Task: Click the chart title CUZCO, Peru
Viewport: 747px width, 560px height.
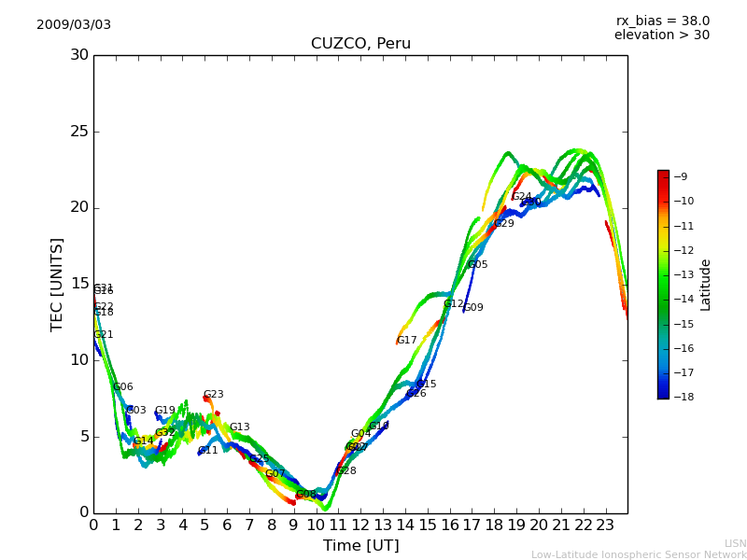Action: click(360, 44)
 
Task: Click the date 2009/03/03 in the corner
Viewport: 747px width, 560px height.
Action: click(74, 25)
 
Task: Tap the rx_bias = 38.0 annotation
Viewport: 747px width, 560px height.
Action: click(662, 21)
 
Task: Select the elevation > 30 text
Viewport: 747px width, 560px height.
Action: click(661, 35)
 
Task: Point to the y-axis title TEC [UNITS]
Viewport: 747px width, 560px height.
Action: click(57, 284)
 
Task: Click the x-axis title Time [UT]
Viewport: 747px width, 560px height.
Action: click(360, 546)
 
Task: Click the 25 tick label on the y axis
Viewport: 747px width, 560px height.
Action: click(78, 132)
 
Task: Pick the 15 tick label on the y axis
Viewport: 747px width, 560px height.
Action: click(78, 284)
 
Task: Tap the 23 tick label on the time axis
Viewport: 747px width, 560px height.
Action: click(605, 525)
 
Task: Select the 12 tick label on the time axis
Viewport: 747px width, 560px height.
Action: click(360, 525)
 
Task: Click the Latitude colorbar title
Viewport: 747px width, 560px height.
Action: click(706, 285)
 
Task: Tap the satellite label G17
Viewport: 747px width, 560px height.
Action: click(407, 341)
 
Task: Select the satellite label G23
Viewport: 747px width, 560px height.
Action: click(214, 395)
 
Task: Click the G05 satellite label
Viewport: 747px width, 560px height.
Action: click(477, 265)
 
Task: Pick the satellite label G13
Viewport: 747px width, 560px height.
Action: click(240, 427)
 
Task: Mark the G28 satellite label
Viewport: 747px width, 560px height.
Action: click(346, 471)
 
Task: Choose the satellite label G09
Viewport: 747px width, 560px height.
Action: click(473, 308)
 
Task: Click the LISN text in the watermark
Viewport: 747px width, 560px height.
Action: click(735, 543)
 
